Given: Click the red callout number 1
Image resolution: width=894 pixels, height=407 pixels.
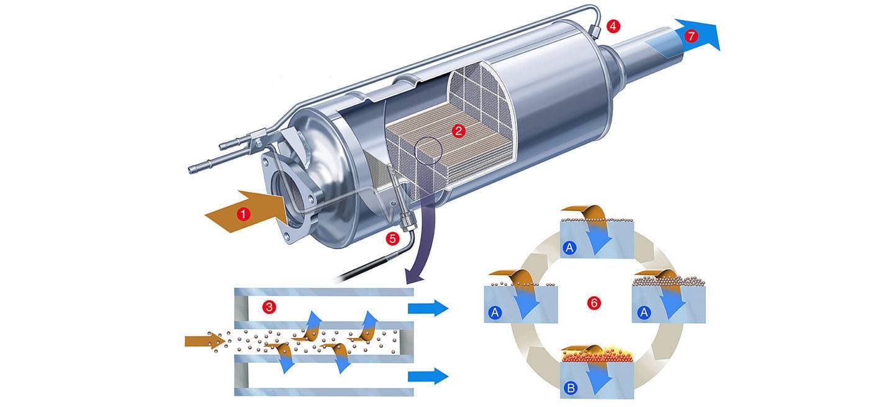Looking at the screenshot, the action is [x=243, y=214].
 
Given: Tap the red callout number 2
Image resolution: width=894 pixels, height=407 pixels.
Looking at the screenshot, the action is [x=458, y=131].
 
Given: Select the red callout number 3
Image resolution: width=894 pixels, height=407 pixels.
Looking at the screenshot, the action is [x=269, y=307].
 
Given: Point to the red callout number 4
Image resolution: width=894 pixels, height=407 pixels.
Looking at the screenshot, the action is [x=613, y=26].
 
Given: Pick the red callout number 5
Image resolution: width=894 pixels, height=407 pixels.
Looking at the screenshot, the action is [x=392, y=239].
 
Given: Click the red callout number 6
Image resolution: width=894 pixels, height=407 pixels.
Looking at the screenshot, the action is [x=594, y=303].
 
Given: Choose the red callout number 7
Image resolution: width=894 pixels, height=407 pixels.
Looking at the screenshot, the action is [x=691, y=36].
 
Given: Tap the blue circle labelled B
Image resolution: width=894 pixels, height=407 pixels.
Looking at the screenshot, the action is [x=571, y=388].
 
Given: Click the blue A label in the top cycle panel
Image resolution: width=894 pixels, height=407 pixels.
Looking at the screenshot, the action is [x=569, y=248].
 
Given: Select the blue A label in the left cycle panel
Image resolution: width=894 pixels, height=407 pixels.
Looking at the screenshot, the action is [x=495, y=312].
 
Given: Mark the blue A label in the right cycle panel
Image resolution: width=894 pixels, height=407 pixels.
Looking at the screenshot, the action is [x=644, y=312].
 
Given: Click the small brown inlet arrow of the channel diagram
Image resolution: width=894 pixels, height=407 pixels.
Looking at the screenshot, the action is [x=205, y=341].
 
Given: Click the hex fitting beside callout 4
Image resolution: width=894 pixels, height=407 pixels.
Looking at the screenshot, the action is [x=594, y=30].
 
